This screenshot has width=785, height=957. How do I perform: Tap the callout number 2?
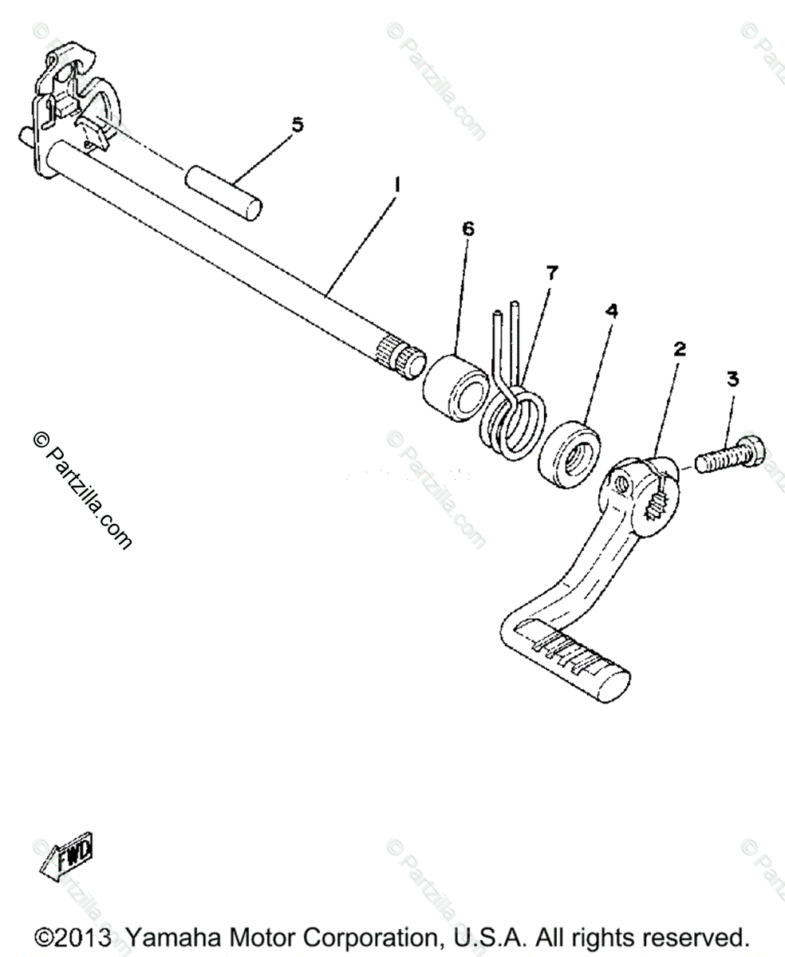coord(679,349)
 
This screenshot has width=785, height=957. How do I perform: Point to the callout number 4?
coord(611,311)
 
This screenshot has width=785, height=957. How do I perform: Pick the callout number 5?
coord(297,124)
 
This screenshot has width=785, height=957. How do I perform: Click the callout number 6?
coord(467,229)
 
